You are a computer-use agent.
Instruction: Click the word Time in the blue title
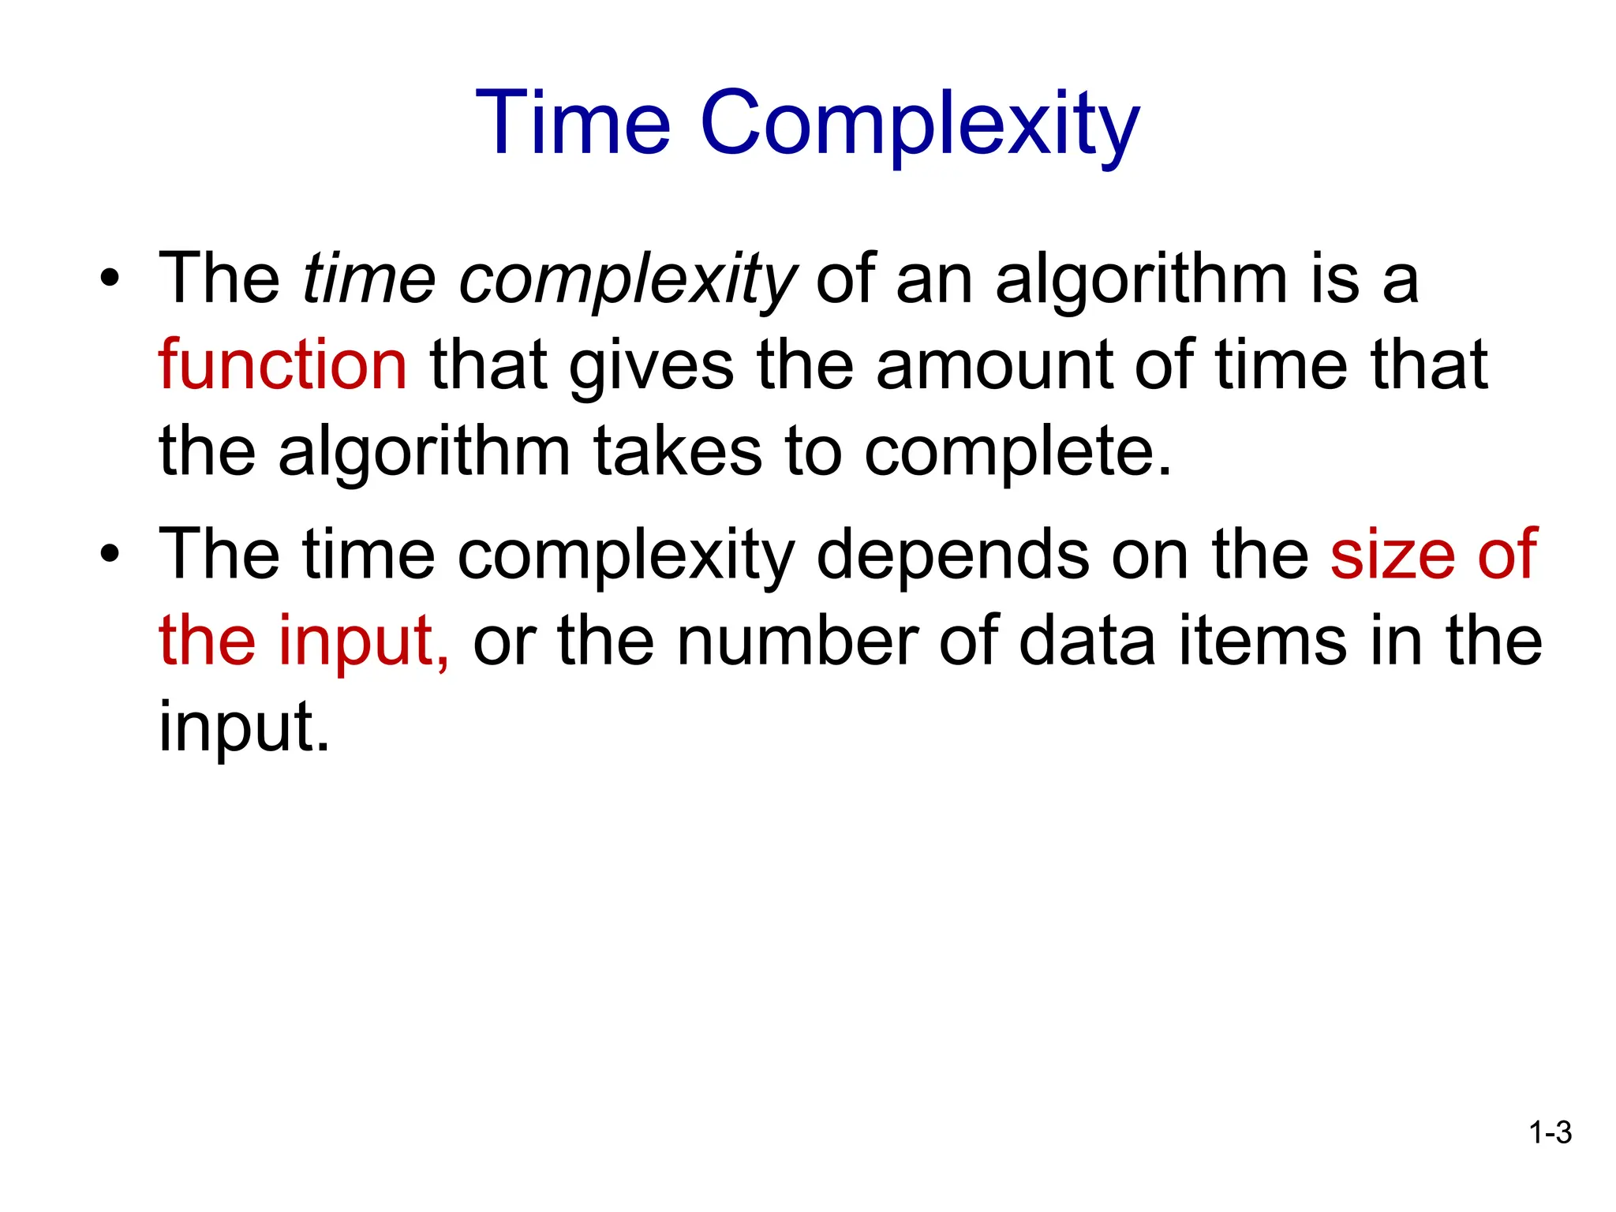click(574, 123)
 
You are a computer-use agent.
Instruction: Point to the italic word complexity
click(627, 282)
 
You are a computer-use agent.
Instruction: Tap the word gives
click(651, 368)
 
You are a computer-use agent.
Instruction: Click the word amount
click(993, 365)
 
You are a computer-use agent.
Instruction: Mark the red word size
click(1393, 554)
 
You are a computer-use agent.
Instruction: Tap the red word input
click(363, 642)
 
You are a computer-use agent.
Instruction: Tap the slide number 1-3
click(1550, 1133)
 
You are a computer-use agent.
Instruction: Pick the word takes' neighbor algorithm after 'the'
click(424, 454)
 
